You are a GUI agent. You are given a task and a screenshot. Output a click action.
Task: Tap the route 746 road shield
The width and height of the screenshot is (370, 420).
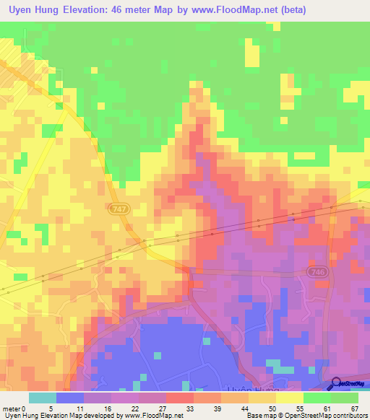click(x=315, y=271)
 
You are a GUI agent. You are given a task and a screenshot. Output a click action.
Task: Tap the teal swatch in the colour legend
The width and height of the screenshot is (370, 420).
click(x=43, y=398)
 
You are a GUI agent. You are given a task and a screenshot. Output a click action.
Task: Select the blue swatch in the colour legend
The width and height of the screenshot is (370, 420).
click(x=70, y=398)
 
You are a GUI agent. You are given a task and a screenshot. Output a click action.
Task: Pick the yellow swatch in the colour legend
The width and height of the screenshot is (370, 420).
click(x=289, y=398)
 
